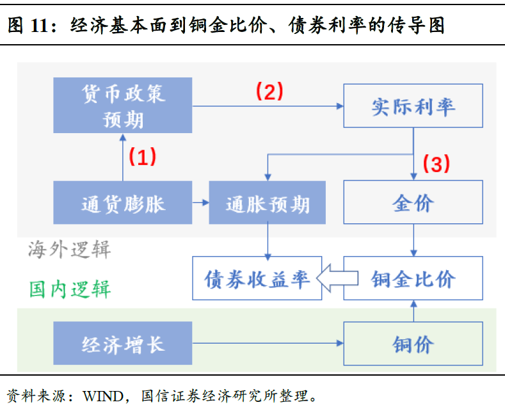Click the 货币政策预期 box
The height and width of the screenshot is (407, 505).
tap(123, 106)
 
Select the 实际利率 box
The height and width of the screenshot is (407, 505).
tap(413, 106)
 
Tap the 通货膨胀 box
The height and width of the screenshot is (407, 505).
tap(123, 202)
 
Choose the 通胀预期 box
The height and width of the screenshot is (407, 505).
tap(268, 202)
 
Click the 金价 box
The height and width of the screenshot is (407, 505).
tap(413, 202)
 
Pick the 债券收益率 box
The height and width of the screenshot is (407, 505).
tap(257, 278)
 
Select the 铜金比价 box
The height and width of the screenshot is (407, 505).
tap(413, 278)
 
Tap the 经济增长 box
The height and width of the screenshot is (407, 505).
tap(123, 343)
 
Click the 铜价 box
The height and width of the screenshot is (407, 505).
tap(413, 344)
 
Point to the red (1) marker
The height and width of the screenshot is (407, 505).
tap(142, 157)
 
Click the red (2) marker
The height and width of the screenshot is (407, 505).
tap(269, 91)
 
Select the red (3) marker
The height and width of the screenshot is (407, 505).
tap(436, 164)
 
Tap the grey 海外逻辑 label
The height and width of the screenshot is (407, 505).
tap(69, 250)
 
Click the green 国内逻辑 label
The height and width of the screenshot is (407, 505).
tap(70, 289)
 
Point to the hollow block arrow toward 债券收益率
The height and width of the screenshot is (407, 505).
tap(337, 278)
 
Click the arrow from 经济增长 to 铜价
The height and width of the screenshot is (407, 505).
tap(268, 343)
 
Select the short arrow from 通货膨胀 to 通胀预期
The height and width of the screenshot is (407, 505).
tap(200, 202)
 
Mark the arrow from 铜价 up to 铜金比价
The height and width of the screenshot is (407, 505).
tap(414, 311)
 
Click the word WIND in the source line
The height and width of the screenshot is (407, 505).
tap(103, 396)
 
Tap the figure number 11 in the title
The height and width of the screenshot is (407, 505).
tap(39, 25)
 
